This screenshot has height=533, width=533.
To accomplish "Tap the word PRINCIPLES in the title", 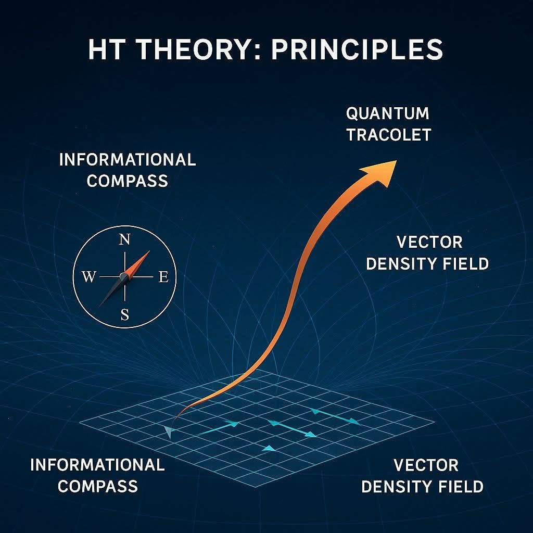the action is (357, 49).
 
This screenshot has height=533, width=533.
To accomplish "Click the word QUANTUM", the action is (387, 113).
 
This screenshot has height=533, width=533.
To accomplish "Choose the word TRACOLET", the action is (388, 135).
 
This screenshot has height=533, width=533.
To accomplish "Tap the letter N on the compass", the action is (125, 240).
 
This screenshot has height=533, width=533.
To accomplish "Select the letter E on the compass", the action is (163, 277).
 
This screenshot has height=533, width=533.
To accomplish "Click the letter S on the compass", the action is (125, 315).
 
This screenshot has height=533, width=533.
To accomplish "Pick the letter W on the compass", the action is (88, 277).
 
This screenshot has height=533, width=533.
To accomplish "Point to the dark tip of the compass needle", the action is (99, 306).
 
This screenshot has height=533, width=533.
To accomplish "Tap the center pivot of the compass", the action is (124, 277).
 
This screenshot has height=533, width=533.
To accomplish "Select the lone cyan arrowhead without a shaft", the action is (269, 449).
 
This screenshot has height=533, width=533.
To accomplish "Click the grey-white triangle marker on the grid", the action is (168, 432).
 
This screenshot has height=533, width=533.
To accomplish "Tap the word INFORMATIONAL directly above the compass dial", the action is (128, 160).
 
